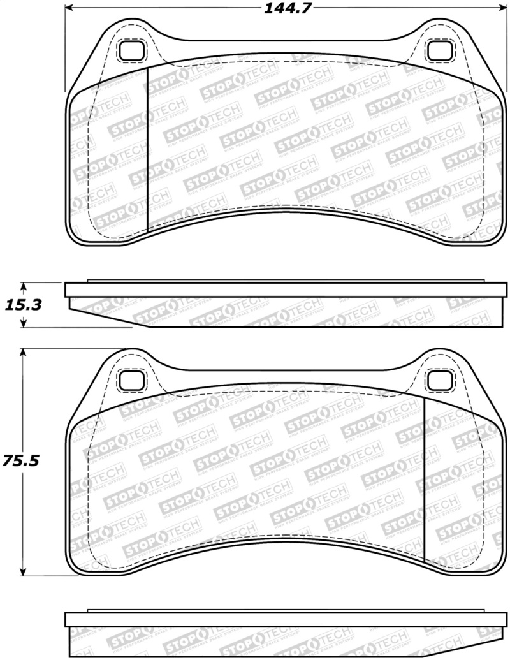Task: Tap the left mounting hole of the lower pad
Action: click(x=133, y=381)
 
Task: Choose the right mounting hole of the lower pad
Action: click(x=439, y=381)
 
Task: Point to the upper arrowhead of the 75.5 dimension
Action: click(x=24, y=353)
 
